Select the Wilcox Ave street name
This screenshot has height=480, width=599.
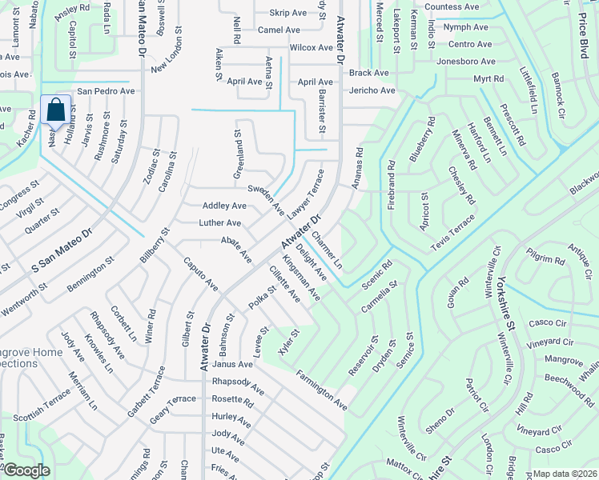[x=311, y=47]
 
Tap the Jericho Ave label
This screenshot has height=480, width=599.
[x=372, y=90]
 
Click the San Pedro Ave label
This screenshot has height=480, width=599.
[x=106, y=91]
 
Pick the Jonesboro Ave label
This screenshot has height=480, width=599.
[x=466, y=62]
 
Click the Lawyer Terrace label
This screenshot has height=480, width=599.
[x=306, y=191]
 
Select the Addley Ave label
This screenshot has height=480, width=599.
[x=224, y=206]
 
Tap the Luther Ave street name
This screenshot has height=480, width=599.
[x=220, y=223]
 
